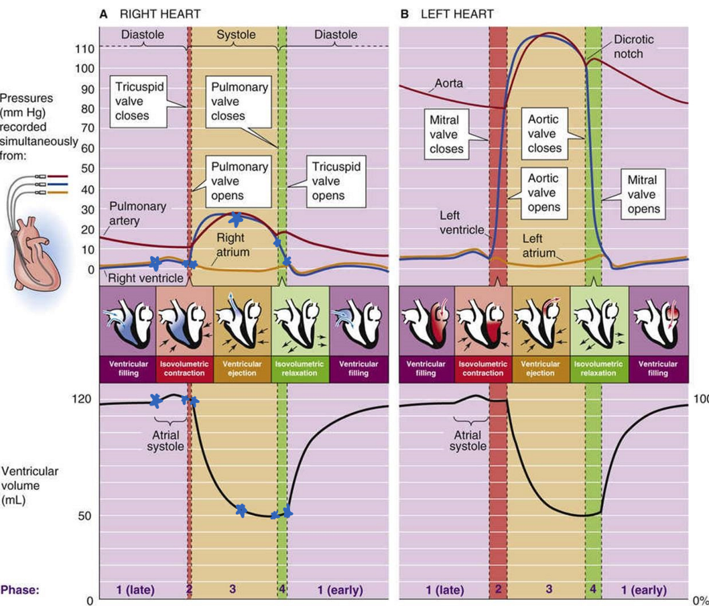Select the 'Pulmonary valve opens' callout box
tap(240, 181)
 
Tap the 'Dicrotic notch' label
tap(633, 46)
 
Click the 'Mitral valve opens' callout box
tap(642, 194)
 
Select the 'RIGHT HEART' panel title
tap(159, 13)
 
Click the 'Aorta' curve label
tap(448, 84)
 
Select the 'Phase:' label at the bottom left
tap(20, 590)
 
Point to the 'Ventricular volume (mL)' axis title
tap(29, 485)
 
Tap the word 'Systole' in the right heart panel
tap(235, 34)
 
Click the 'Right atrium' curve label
tap(233, 245)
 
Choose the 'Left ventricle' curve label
tap(462, 223)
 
